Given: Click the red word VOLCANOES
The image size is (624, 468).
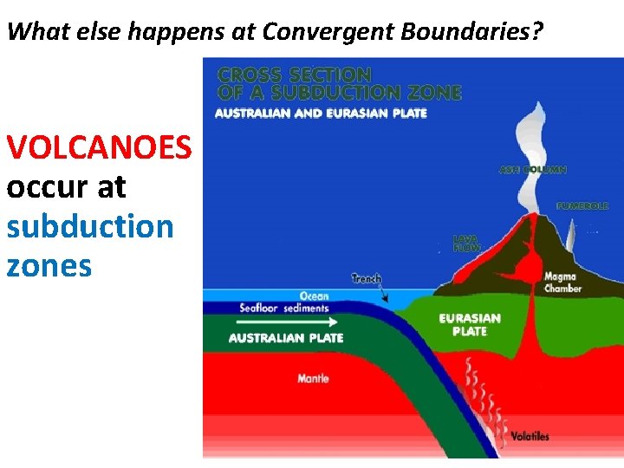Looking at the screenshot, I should click(99, 147).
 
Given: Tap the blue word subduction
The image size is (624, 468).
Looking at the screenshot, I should click(90, 226).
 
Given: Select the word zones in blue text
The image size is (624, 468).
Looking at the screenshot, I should click(49, 265).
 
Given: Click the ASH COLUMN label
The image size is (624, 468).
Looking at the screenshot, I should click(532, 170).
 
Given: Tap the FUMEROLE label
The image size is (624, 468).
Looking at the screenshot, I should click(582, 206).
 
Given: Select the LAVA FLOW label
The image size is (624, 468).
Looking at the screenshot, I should click(465, 242).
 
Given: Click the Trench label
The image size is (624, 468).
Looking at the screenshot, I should click(366, 278).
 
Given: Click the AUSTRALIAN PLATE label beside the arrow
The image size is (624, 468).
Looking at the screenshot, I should click(286, 338).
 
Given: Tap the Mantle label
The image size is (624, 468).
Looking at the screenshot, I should click(313, 379).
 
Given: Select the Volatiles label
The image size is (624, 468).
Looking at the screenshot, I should click(529, 436).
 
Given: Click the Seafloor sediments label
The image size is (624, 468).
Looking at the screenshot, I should click(284, 308).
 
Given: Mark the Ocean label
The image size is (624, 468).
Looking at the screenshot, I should click(314, 296).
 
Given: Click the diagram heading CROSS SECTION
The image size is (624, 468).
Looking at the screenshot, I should click(294, 75).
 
